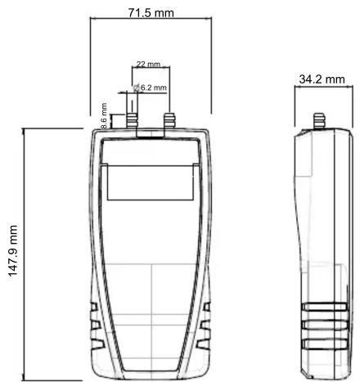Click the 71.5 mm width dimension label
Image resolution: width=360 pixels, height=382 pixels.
(x=151, y=12)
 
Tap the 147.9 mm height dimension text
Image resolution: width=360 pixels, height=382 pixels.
(x=13, y=251)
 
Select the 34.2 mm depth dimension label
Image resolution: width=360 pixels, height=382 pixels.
(x=322, y=79)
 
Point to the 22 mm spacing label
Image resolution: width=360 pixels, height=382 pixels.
(x=148, y=65)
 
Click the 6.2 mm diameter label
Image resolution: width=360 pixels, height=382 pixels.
(x=154, y=88)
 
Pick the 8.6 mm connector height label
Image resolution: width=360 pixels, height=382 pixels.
(x=104, y=116)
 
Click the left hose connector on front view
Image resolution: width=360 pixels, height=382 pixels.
(x=132, y=120)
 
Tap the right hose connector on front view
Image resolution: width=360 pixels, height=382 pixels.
(x=169, y=120)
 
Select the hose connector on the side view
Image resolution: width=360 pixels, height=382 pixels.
(x=319, y=121)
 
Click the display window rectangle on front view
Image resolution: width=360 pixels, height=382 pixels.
(x=151, y=182)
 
